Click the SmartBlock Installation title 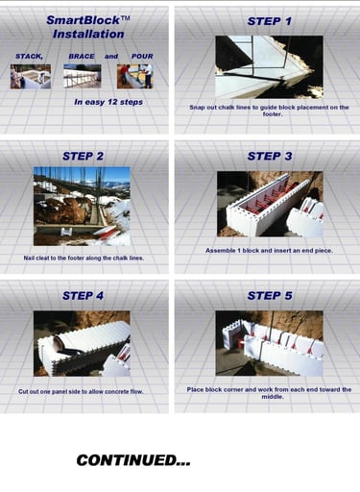click(88, 27)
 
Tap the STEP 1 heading click(270, 21)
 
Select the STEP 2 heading click(83, 156)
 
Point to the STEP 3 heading click(270, 156)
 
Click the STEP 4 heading click(83, 296)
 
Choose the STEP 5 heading click(270, 296)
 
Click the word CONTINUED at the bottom click(133, 460)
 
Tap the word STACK click(29, 57)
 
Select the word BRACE click(82, 56)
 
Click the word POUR click(142, 56)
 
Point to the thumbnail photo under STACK click(31, 77)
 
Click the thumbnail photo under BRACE click(83, 76)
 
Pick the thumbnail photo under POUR click(135, 77)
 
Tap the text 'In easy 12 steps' click(108, 102)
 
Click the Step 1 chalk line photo click(269, 67)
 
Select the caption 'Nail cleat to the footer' click(84, 258)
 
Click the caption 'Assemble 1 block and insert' click(269, 251)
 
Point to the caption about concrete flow click(81, 391)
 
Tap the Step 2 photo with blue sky click(82, 207)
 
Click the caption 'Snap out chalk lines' click(269, 111)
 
